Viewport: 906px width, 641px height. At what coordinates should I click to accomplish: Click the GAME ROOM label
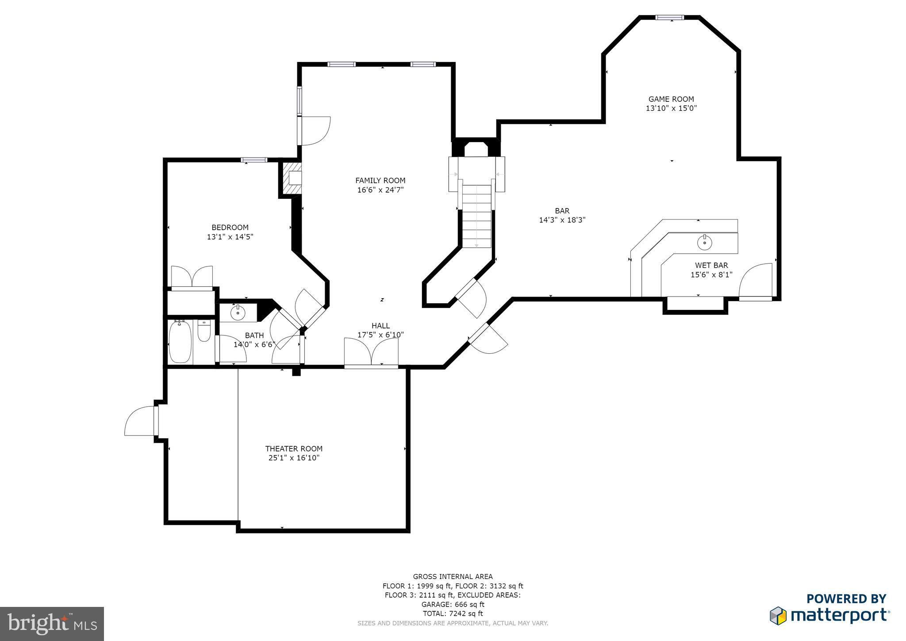pyautogui.click(x=671, y=99)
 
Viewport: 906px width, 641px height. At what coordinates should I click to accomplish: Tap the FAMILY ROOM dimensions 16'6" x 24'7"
pyautogui.click(x=380, y=190)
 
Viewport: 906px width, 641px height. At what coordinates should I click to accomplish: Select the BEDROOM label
pyautogui.click(x=230, y=228)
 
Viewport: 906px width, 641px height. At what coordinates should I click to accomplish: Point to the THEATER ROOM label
pyautogui.click(x=294, y=448)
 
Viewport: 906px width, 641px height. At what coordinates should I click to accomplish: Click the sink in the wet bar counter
pyautogui.click(x=704, y=242)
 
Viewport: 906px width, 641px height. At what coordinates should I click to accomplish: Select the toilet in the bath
pyautogui.click(x=204, y=331)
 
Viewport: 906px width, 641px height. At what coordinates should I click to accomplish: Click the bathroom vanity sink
pyautogui.click(x=238, y=313)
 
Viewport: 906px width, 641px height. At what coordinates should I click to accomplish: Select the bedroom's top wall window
pyautogui.click(x=254, y=160)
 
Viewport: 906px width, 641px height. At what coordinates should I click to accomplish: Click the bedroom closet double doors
pyautogui.click(x=192, y=278)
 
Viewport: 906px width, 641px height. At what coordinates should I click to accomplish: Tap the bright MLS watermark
pyautogui.click(x=52, y=624)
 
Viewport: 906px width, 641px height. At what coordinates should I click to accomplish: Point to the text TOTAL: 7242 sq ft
pyautogui.click(x=453, y=614)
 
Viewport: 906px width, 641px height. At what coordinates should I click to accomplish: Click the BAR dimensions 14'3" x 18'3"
pyautogui.click(x=562, y=220)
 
